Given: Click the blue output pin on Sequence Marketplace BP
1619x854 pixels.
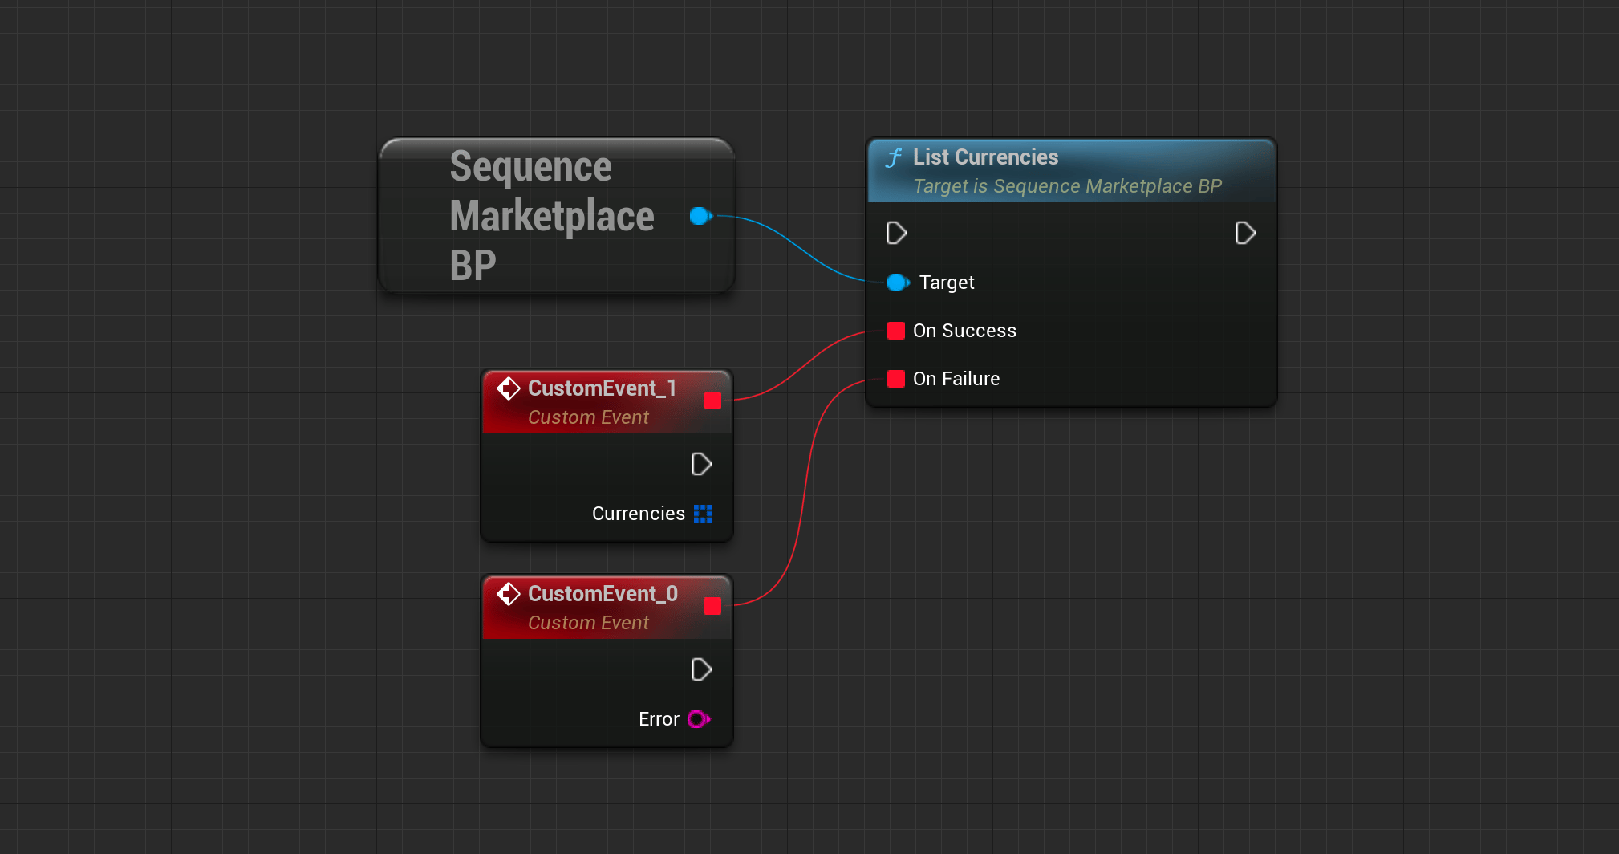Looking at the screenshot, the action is [x=700, y=216].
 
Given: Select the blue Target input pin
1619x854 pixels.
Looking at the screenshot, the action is [x=898, y=283].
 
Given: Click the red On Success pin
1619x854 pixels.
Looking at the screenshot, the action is [x=896, y=331].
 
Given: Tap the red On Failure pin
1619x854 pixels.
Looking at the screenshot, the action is [x=896, y=379].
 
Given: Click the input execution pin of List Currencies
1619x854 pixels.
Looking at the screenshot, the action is [x=897, y=234].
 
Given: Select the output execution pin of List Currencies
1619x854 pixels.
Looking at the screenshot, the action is [x=1245, y=234].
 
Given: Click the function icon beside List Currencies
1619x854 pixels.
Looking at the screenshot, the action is [x=894, y=157].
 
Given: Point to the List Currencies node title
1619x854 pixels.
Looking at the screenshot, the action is [x=985, y=157].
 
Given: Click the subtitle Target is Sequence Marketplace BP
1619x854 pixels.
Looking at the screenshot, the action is [x=1067, y=186].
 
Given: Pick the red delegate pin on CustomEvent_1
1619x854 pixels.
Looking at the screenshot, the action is [x=712, y=401].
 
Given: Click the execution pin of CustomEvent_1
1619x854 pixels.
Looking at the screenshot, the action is [x=702, y=465].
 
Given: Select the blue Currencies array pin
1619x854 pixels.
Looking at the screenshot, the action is [x=703, y=514].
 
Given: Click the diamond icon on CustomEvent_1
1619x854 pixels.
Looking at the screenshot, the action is [x=509, y=388].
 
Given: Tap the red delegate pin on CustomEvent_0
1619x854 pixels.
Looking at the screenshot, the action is [x=712, y=606].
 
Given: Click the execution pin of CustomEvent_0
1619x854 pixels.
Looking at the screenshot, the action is [x=702, y=670].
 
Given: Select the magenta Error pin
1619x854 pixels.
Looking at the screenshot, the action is [x=699, y=719].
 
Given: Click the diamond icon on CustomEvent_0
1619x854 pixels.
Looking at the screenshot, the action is [x=509, y=594].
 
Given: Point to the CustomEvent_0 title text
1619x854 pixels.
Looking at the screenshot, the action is [x=603, y=594].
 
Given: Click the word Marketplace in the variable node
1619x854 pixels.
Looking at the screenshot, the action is [x=552, y=216].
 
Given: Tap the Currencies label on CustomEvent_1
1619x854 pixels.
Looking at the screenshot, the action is [x=639, y=514].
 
